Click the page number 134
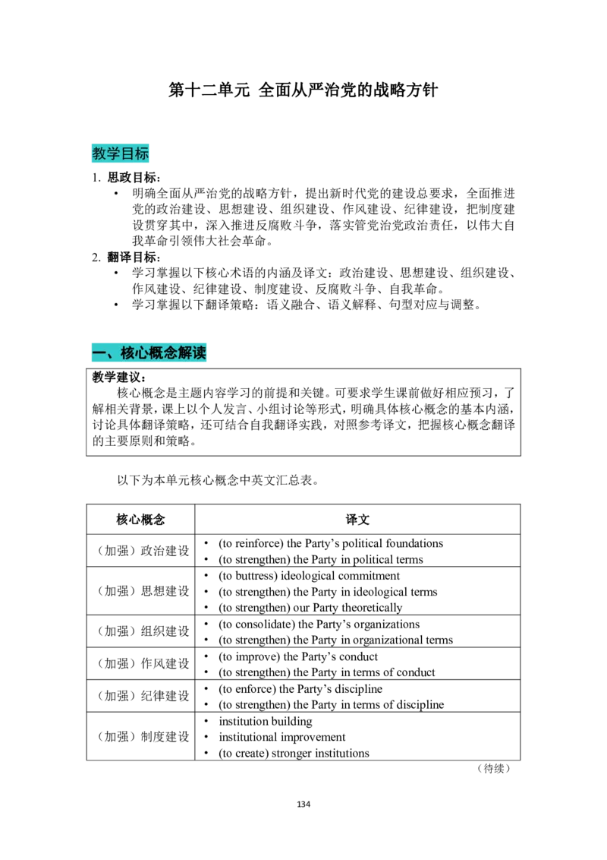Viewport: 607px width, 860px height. [303, 804]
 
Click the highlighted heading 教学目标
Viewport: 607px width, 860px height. [121, 153]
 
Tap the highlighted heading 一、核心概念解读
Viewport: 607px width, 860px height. [149, 353]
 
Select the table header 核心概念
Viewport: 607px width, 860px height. [141, 520]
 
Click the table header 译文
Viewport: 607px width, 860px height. [357, 520]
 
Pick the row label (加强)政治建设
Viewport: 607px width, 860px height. [143, 551]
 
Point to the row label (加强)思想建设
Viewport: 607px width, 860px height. [143, 591]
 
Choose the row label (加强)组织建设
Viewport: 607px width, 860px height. [143, 631]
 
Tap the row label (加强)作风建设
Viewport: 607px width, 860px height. [143, 664]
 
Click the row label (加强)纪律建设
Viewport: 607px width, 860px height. [143, 696]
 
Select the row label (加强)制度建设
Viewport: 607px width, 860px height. [143, 737]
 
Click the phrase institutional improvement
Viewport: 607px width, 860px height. [282, 737]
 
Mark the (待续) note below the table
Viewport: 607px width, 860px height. [494, 768]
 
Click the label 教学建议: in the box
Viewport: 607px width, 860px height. [119, 377]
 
